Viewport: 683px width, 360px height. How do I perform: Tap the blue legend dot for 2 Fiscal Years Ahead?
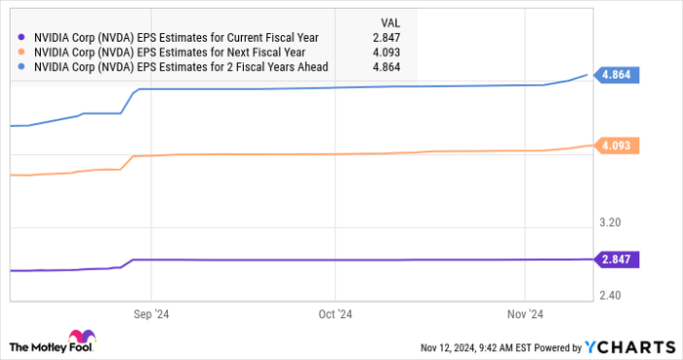(x=22, y=66)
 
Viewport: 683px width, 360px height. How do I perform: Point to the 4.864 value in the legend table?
(x=382, y=66)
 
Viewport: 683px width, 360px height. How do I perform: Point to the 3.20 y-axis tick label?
(x=609, y=222)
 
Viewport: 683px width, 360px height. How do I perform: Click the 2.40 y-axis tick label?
(x=609, y=295)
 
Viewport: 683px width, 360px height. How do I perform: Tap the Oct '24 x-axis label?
(x=334, y=314)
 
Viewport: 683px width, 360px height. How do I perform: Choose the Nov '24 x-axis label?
(x=525, y=314)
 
